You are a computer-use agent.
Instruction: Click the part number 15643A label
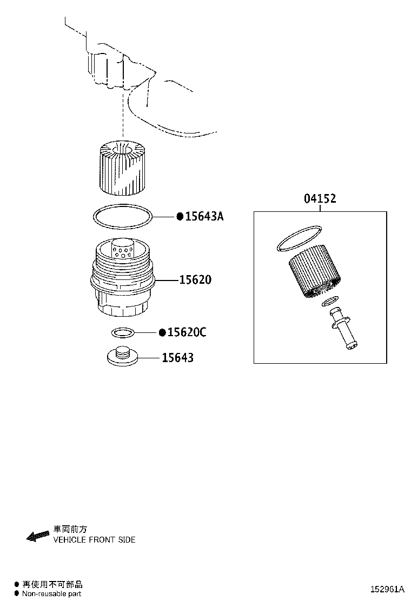point(204,217)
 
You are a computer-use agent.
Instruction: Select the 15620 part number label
point(195,280)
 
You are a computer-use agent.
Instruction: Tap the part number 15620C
point(187,332)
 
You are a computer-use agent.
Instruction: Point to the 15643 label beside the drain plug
point(177,358)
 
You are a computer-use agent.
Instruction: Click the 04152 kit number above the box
point(320,198)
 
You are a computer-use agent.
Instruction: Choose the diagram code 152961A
point(387,589)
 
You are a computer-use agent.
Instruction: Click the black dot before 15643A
point(180,217)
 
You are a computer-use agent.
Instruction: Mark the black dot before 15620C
point(163,332)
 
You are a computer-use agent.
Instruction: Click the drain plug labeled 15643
point(123,356)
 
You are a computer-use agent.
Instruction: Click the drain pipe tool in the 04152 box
point(344,329)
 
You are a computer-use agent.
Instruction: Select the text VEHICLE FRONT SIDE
point(94,540)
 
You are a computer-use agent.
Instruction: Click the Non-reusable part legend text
point(51,594)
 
